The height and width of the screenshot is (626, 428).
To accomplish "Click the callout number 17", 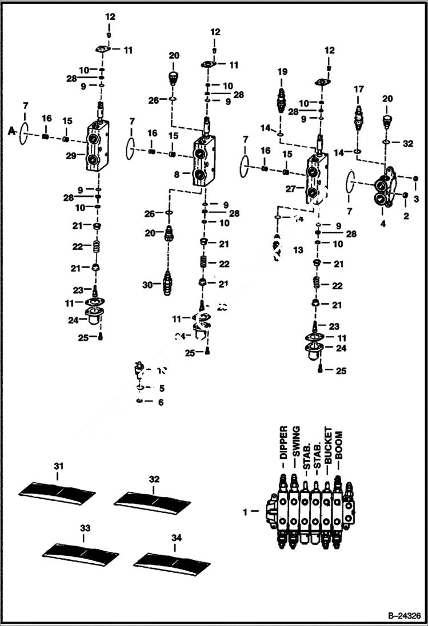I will pos(358,90).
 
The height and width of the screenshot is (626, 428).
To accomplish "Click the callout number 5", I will pos(161,389).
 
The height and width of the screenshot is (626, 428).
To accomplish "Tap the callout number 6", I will pos(161,403).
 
